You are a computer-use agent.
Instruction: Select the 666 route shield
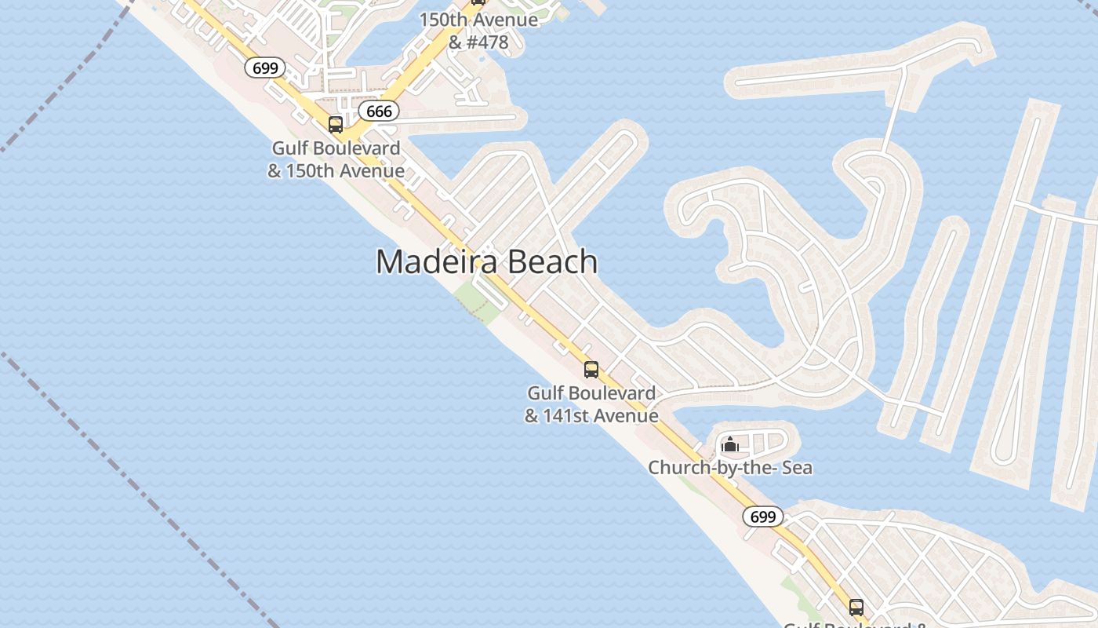(x=379, y=111)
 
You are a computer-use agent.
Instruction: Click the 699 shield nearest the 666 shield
(x=265, y=68)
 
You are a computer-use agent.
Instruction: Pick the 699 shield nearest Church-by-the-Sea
(x=762, y=517)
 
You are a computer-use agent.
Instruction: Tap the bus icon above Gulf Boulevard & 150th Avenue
(x=336, y=125)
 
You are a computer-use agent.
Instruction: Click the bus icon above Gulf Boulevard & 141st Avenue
(x=591, y=370)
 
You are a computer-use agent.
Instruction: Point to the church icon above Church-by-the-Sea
(x=730, y=445)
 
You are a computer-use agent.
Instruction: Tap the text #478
(x=488, y=42)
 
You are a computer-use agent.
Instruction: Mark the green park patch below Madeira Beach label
(x=478, y=301)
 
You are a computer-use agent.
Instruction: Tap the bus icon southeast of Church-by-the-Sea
(x=856, y=607)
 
